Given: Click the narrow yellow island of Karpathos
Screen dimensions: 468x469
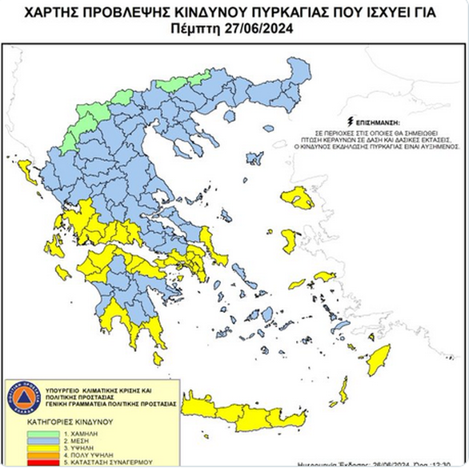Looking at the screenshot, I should click(344, 392).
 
